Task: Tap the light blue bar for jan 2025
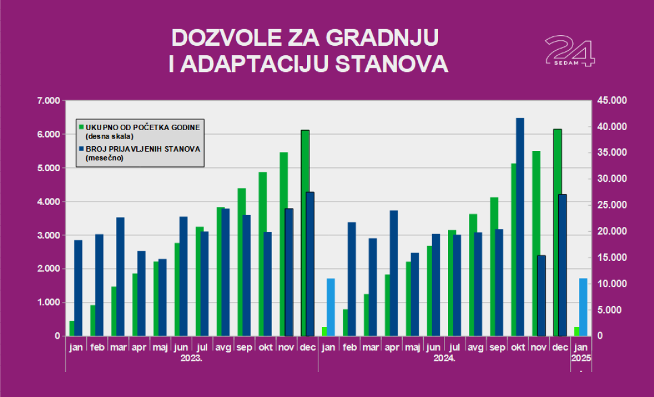tap(583, 307)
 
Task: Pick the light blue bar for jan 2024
tap(331, 307)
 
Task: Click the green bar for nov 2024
tap(536, 244)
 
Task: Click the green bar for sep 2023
tap(242, 262)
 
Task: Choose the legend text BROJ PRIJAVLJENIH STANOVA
tap(143, 149)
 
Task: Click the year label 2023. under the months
tap(190, 359)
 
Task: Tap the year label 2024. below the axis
tap(444, 359)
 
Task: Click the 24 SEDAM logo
tap(569, 51)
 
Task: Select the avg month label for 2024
tap(475, 346)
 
